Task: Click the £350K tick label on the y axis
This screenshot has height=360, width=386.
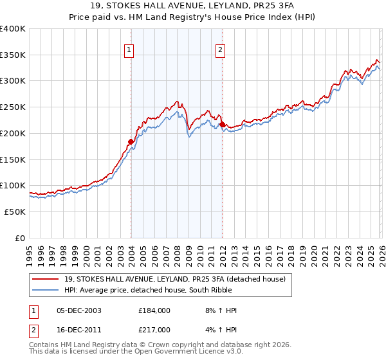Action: tap(13, 55)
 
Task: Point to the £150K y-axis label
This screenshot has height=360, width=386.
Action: tap(13, 159)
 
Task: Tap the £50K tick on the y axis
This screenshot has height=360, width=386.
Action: tap(15, 212)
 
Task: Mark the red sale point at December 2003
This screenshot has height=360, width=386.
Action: tap(131, 141)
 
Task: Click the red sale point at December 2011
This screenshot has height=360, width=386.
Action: tap(222, 124)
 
